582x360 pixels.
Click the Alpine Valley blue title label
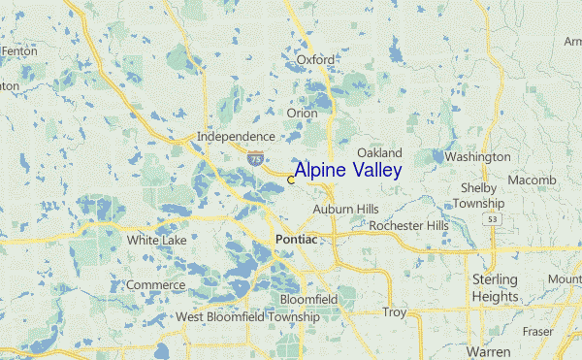tap(347, 171)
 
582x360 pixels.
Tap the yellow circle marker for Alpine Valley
tap(291, 180)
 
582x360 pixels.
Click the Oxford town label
tap(315, 60)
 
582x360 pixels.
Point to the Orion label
tap(302, 114)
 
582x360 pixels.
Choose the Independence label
tap(236, 137)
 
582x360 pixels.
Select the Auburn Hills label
tap(345, 209)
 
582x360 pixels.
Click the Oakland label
tap(379, 153)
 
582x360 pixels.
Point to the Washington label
tap(477, 156)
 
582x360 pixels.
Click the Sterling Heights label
tap(495, 287)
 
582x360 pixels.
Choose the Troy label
tap(394, 312)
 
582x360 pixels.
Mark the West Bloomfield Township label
tap(247, 317)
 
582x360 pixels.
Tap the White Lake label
tap(156, 239)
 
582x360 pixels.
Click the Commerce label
tap(155, 285)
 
